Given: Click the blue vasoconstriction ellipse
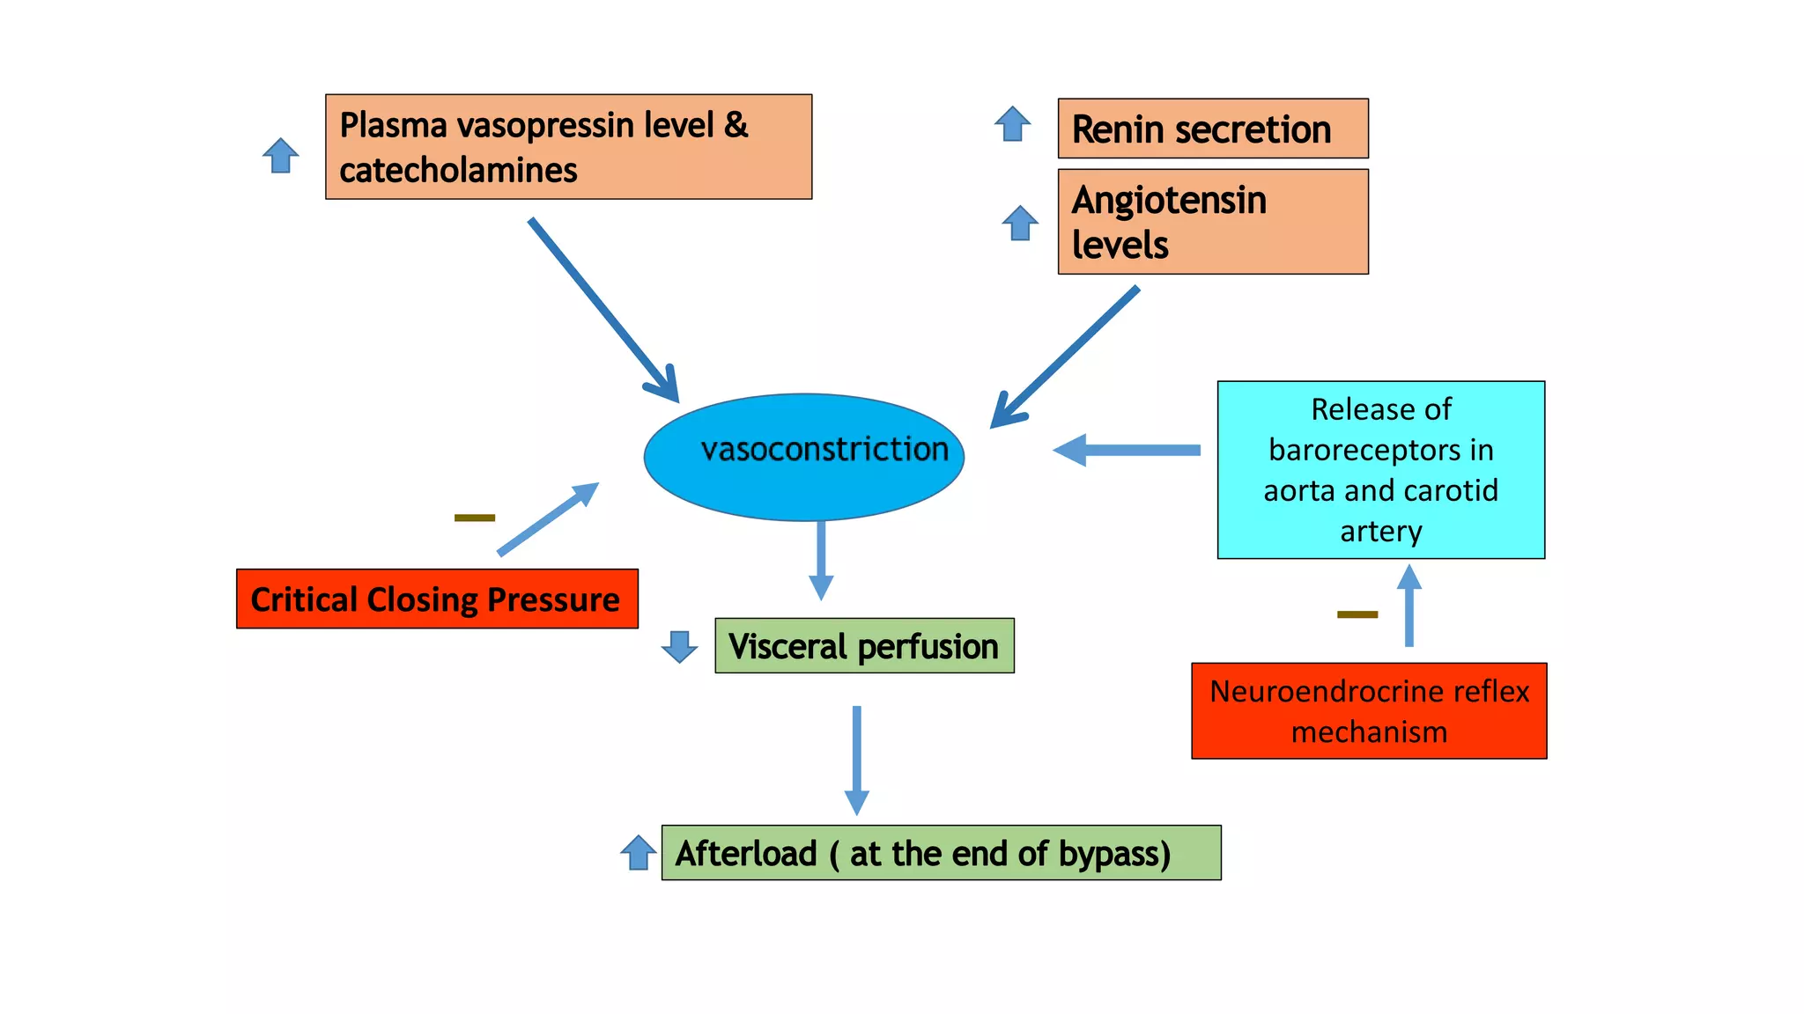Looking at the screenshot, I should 803,457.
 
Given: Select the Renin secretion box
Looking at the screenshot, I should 1212,129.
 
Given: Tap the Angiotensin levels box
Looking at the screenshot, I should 1212,222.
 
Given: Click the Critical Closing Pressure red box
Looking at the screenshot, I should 437,599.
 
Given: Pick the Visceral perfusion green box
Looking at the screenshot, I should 864,646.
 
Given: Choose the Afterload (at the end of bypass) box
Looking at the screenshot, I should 941,853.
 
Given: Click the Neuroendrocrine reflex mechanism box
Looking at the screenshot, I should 1369,711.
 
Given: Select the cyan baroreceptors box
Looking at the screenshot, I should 1380,470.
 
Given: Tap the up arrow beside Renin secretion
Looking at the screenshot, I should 1012,124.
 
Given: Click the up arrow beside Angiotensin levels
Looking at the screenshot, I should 1020,224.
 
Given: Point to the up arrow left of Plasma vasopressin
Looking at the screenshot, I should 281,156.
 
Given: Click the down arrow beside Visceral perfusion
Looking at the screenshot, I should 679,646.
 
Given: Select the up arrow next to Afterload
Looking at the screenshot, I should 638,852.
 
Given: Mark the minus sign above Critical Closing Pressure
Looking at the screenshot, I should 475,518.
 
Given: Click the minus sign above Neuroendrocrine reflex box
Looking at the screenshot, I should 1357,614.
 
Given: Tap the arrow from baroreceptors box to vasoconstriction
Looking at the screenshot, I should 1127,450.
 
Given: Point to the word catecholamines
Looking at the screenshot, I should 458,170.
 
